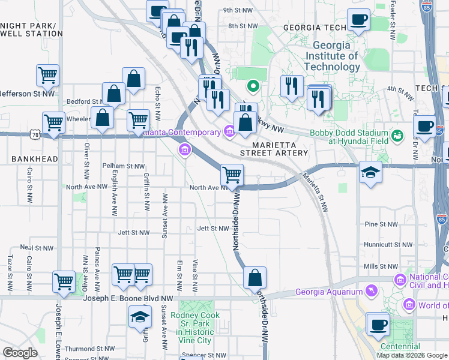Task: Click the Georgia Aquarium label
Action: (x=329, y=292)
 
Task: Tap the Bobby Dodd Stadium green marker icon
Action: (x=397, y=136)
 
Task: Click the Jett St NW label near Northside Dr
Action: (x=213, y=229)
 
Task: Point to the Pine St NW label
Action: (x=381, y=224)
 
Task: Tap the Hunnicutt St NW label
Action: (x=388, y=245)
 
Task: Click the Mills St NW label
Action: (x=381, y=266)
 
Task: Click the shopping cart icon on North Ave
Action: (x=232, y=175)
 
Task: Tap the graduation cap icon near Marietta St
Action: (x=370, y=172)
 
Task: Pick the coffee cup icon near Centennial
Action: (x=378, y=325)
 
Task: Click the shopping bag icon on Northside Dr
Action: (x=255, y=277)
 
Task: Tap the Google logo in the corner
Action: (x=20, y=353)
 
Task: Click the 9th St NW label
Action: (x=236, y=10)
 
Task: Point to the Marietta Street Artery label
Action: (x=280, y=149)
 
